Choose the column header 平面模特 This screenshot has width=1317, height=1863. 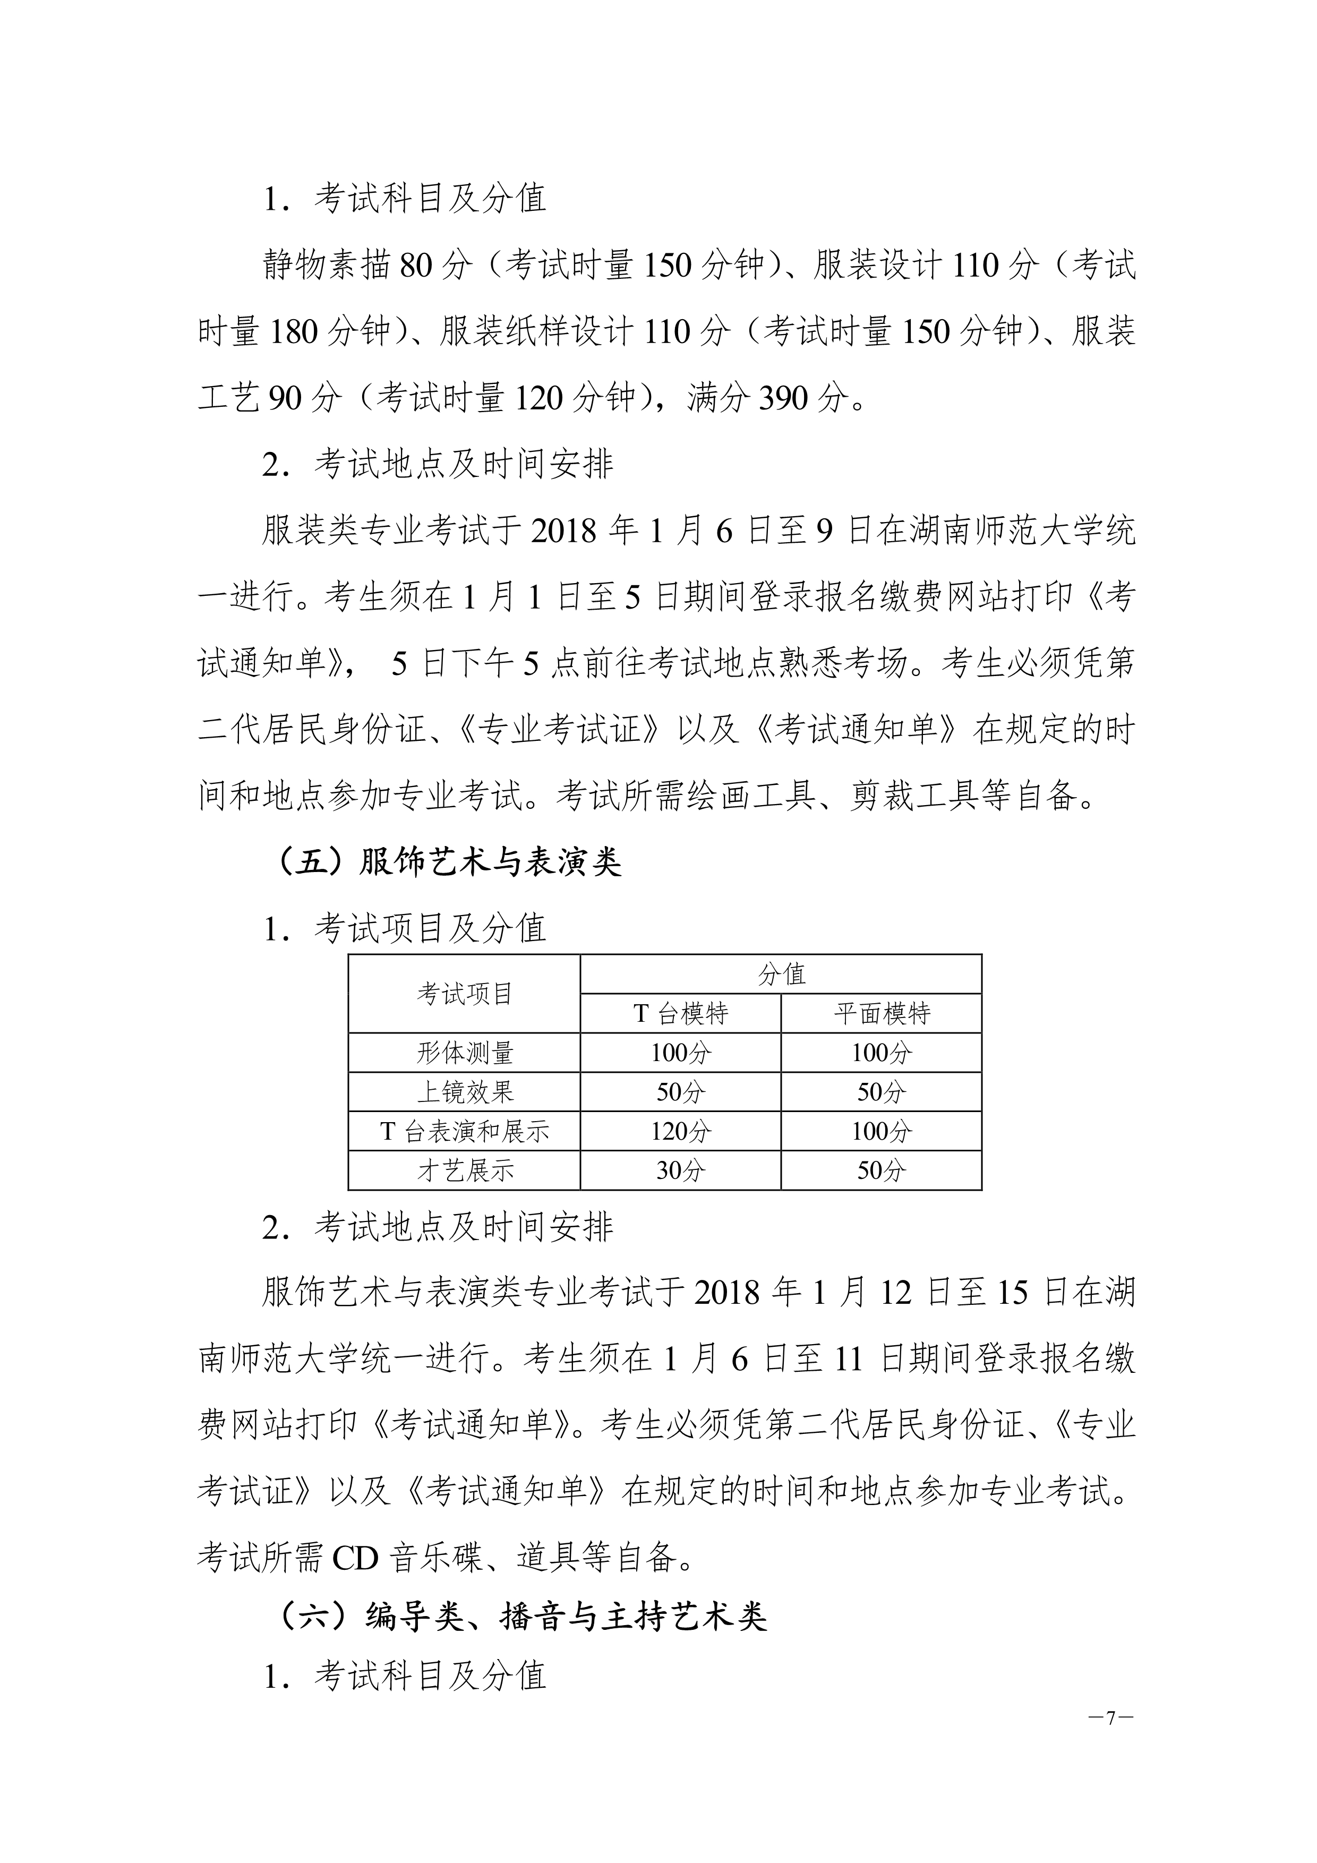[881, 1013]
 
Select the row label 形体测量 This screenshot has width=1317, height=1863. [464, 1053]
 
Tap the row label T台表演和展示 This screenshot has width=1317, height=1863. [464, 1131]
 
